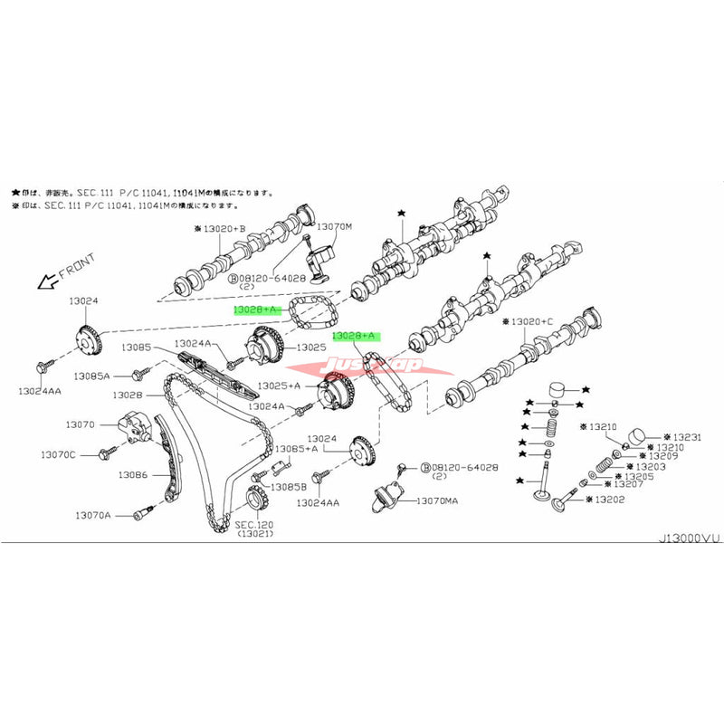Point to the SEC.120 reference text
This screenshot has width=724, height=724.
click(255, 526)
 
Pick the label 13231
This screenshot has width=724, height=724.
click(675, 436)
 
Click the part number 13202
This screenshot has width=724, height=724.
click(609, 499)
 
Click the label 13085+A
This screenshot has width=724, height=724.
click(296, 448)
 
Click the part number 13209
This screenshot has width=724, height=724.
click(658, 456)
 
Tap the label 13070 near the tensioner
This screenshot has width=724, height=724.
click(80, 424)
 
